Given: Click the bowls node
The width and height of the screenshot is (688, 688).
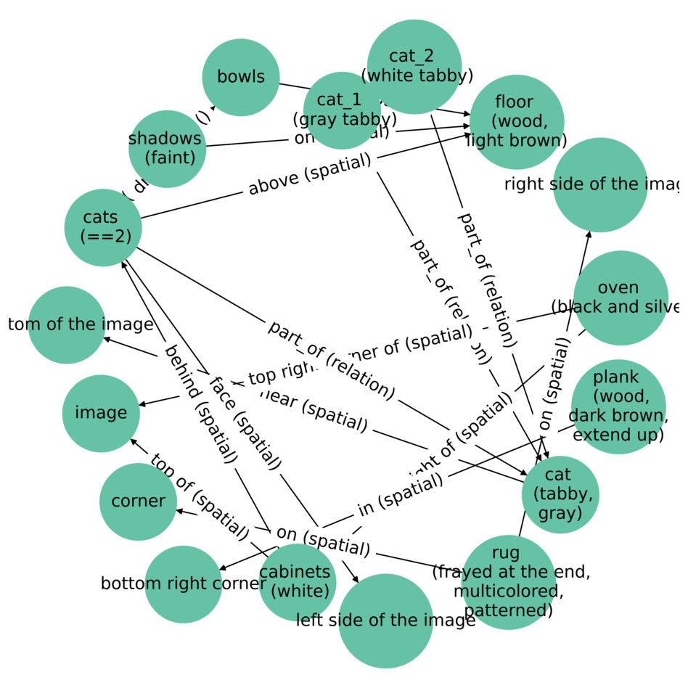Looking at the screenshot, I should (241, 77).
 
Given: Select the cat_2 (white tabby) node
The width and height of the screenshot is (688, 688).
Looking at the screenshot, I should (414, 66).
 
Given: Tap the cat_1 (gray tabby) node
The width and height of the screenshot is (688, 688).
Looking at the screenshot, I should (342, 110).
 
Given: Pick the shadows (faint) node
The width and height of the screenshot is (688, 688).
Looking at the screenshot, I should (167, 148).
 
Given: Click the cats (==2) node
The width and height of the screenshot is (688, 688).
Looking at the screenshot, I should (103, 227).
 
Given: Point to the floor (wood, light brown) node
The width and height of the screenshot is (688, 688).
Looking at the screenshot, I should (517, 121).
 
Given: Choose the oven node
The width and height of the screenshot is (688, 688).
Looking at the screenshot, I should (621, 298).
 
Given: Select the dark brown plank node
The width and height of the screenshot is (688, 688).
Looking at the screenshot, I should (618, 406).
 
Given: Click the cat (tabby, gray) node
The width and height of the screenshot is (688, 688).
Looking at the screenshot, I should (560, 494).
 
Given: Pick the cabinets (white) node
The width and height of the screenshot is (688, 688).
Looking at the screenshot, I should (298, 581).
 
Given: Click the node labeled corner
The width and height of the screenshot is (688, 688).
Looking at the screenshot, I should (138, 501).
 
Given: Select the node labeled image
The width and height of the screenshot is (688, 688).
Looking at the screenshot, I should (101, 413).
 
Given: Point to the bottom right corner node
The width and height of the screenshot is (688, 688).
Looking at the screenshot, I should (184, 583).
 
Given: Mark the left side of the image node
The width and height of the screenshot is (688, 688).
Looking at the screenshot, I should (386, 621).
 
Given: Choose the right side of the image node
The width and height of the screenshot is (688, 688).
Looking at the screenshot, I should (600, 184).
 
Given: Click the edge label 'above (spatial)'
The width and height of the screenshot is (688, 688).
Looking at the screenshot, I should (310, 175).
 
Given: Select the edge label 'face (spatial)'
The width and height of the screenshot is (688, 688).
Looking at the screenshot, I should (245, 422).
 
